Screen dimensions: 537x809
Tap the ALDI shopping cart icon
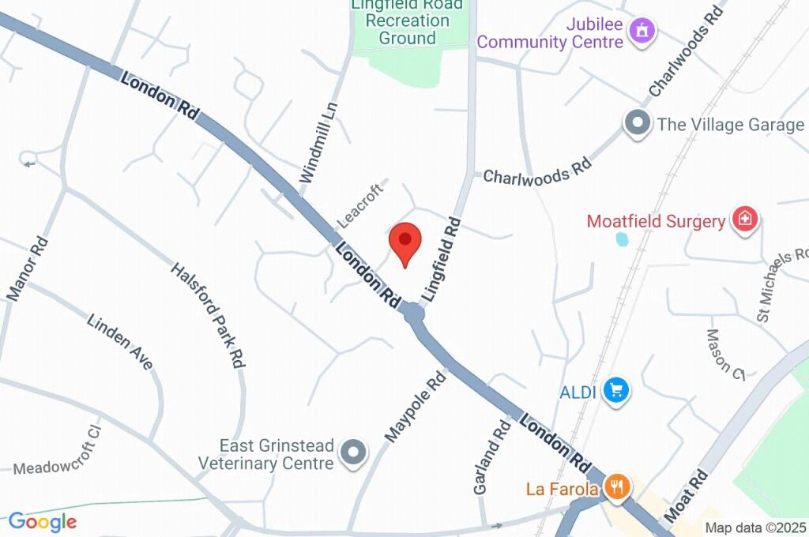[616, 389]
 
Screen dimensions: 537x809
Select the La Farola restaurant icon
[617, 487]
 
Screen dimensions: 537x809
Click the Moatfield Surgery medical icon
[744, 219]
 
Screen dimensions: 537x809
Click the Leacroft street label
[360, 201]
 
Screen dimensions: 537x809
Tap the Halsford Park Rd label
[208, 314]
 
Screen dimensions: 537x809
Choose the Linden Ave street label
[120, 343]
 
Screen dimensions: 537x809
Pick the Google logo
[43, 521]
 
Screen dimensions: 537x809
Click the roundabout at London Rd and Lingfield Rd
[413, 314]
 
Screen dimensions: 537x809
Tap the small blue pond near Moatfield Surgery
[622, 238]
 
